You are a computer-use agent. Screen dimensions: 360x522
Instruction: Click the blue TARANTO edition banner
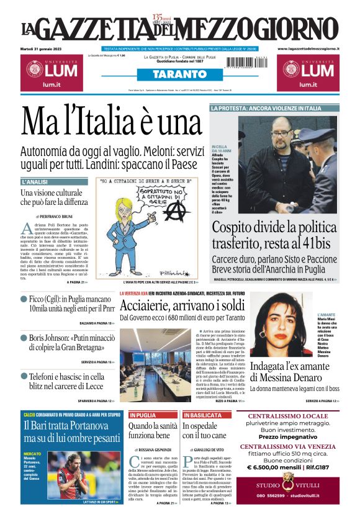[179, 74]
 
